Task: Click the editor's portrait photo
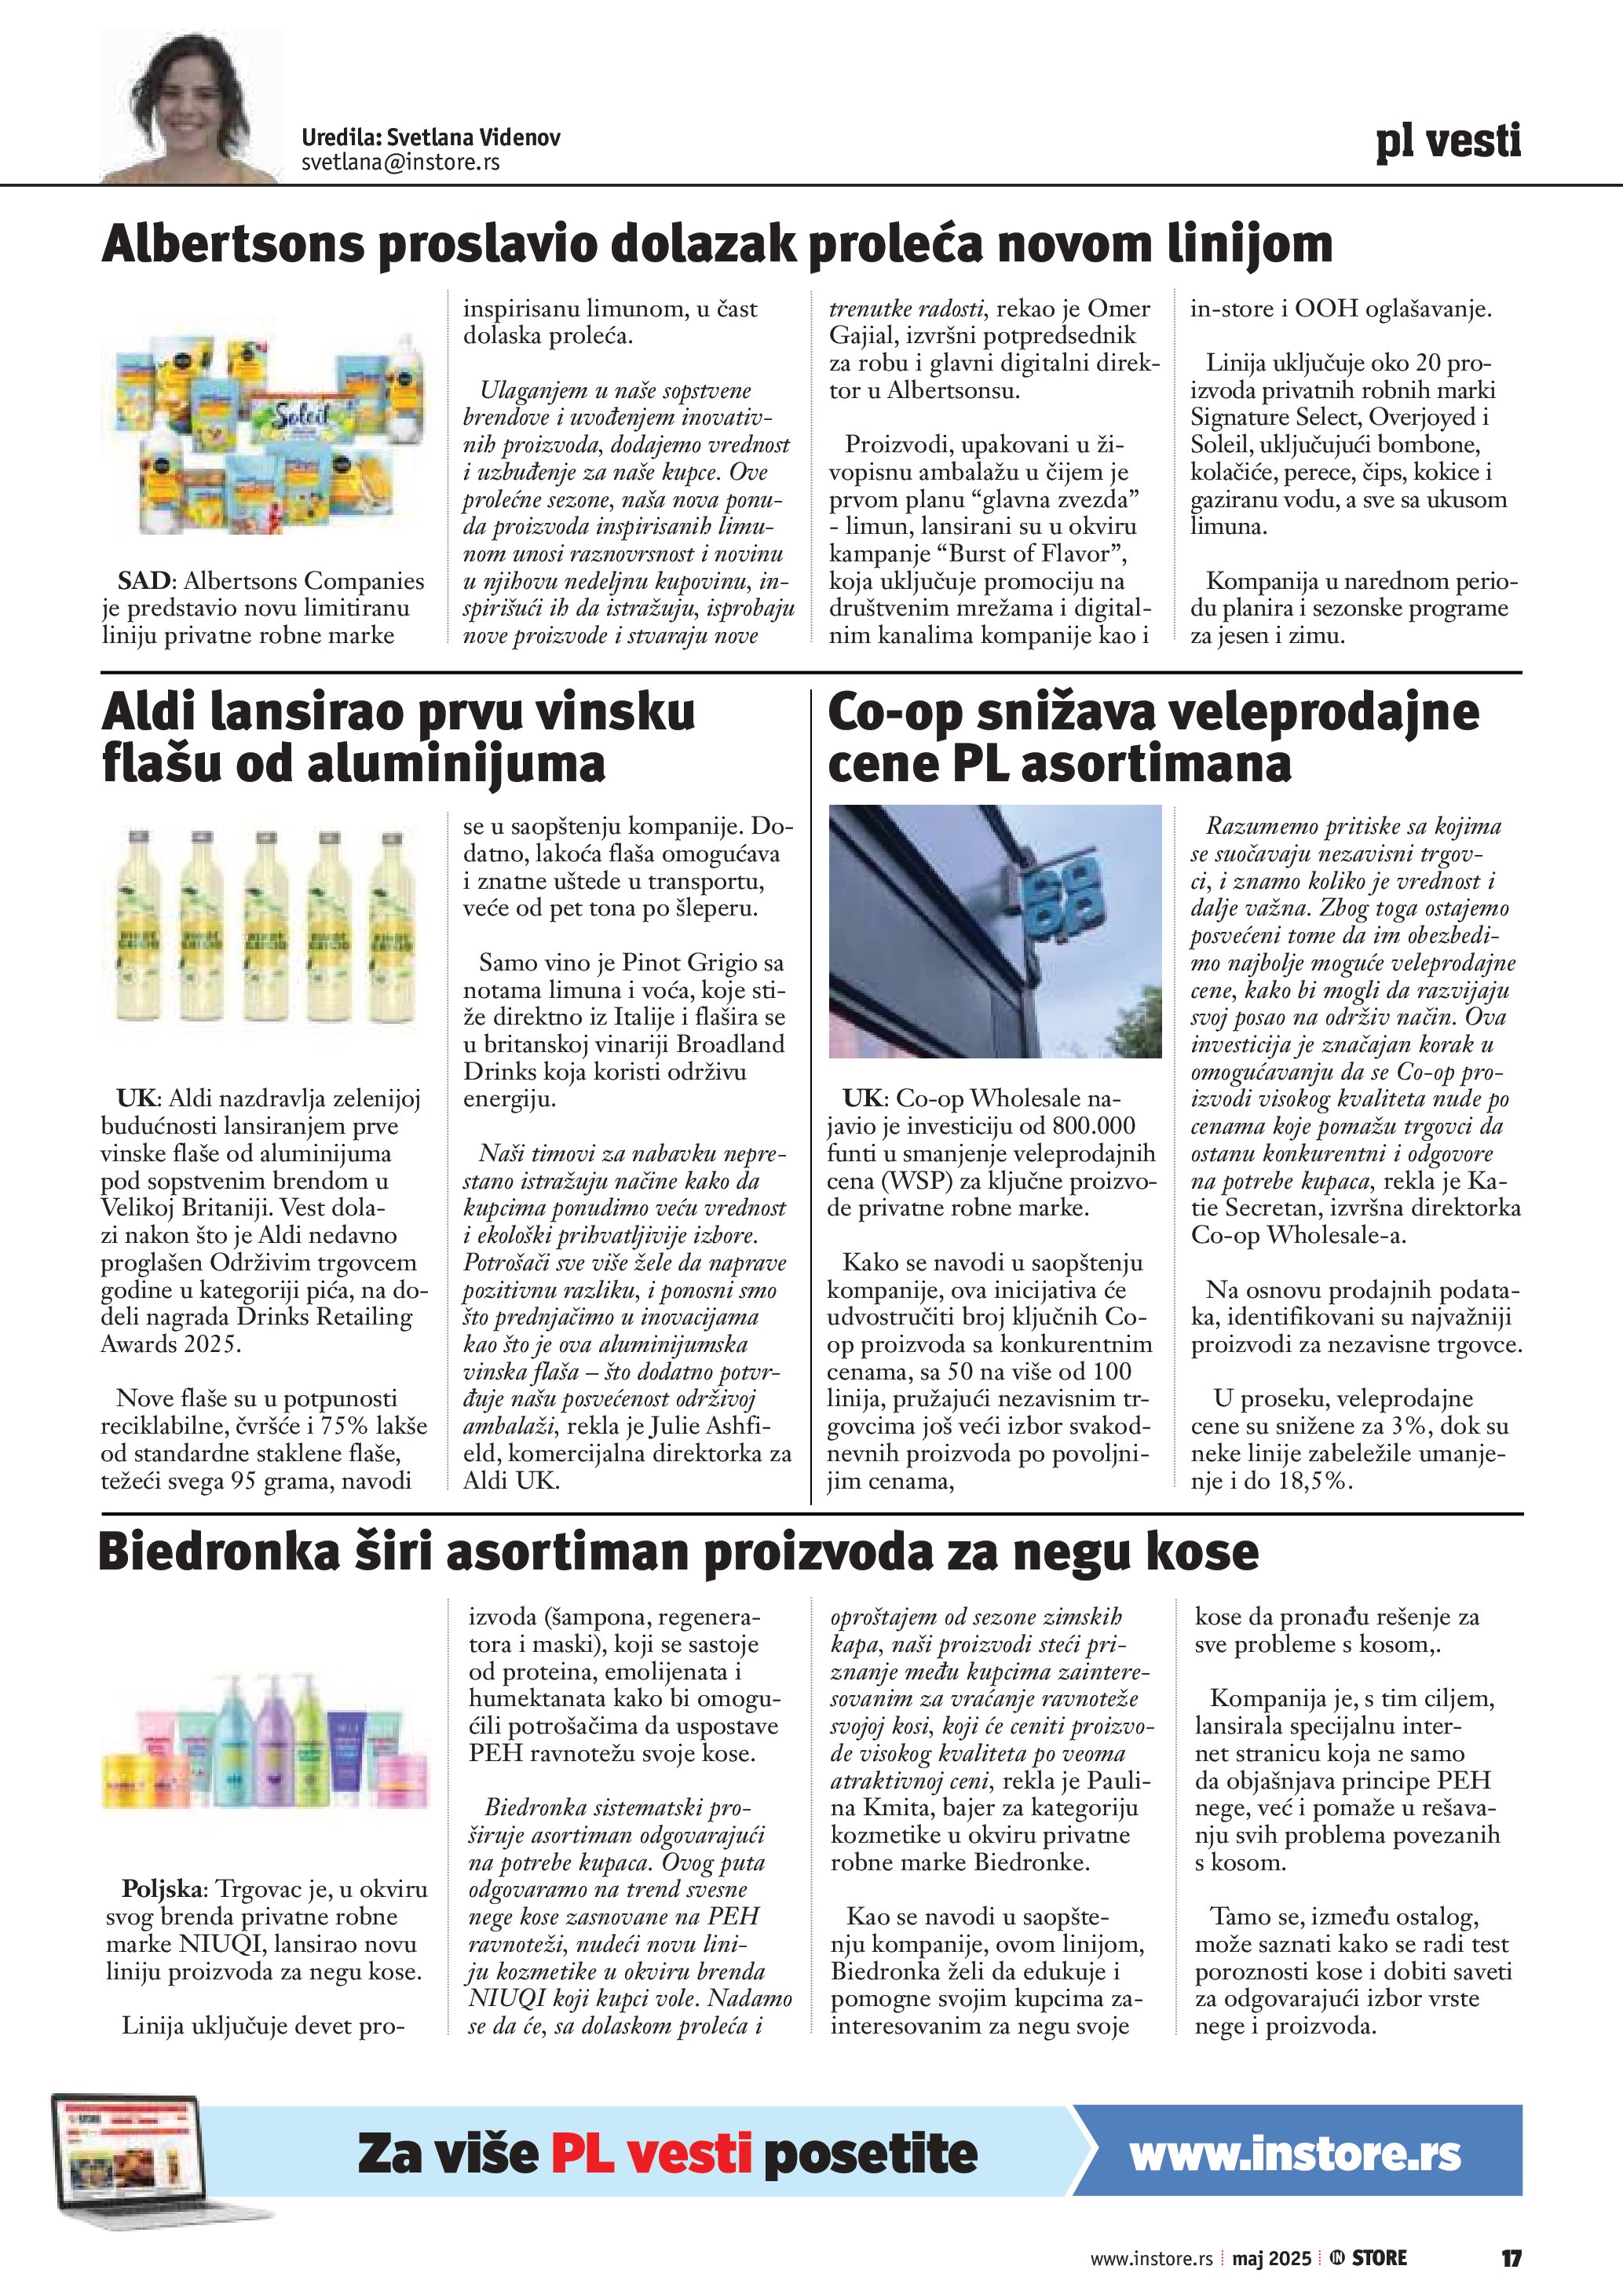[x=192, y=106]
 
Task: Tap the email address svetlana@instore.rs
[x=400, y=162]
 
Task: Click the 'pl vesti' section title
[x=1447, y=141]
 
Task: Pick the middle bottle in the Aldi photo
[x=264, y=930]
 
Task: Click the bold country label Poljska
[x=164, y=1889]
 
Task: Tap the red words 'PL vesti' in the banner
[x=651, y=2154]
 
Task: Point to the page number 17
[x=1511, y=2258]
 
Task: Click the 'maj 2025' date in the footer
[x=1271, y=2258]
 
